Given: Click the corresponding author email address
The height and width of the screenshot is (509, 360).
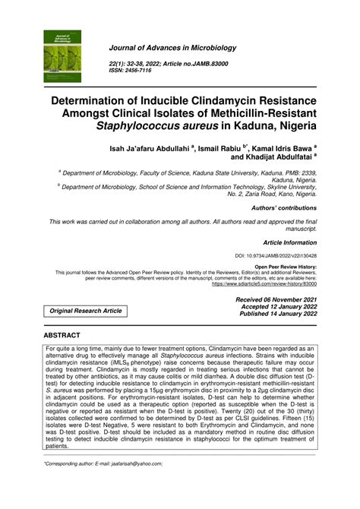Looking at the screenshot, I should (x=142, y=463).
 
